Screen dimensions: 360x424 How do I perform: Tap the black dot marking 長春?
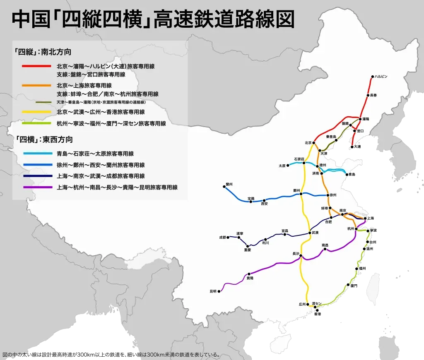click(367, 95)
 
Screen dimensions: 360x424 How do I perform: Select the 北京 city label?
click(308, 143)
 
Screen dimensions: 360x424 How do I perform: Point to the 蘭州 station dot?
click(224, 187)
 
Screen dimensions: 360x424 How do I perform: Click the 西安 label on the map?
click(264, 204)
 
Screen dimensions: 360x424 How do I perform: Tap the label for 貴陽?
click(250, 278)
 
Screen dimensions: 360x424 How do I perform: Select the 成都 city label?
click(223, 238)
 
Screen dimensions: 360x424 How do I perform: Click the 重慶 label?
click(247, 250)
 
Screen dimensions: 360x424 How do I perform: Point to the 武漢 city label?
click(315, 233)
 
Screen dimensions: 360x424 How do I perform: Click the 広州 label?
click(302, 304)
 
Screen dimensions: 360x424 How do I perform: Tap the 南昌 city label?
click(325, 245)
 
